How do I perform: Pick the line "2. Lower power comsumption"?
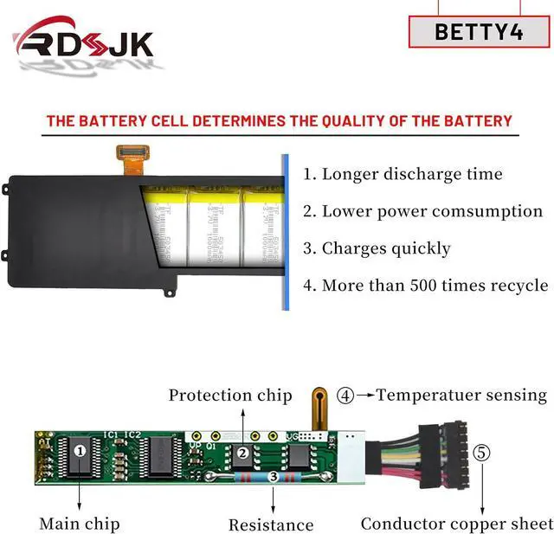coord(422,211)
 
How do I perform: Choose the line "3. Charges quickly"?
coord(377,248)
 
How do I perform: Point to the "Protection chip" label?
coord(230,396)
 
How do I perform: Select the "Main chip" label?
coord(79,524)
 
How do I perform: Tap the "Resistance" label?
coord(270,524)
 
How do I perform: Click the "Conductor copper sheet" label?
coord(456,524)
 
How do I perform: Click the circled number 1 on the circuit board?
coord(80,450)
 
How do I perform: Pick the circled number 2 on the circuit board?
coord(243,453)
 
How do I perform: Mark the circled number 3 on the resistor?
coord(273,476)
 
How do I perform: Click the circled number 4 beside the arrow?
coord(345,396)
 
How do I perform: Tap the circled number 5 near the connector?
coord(482,453)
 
